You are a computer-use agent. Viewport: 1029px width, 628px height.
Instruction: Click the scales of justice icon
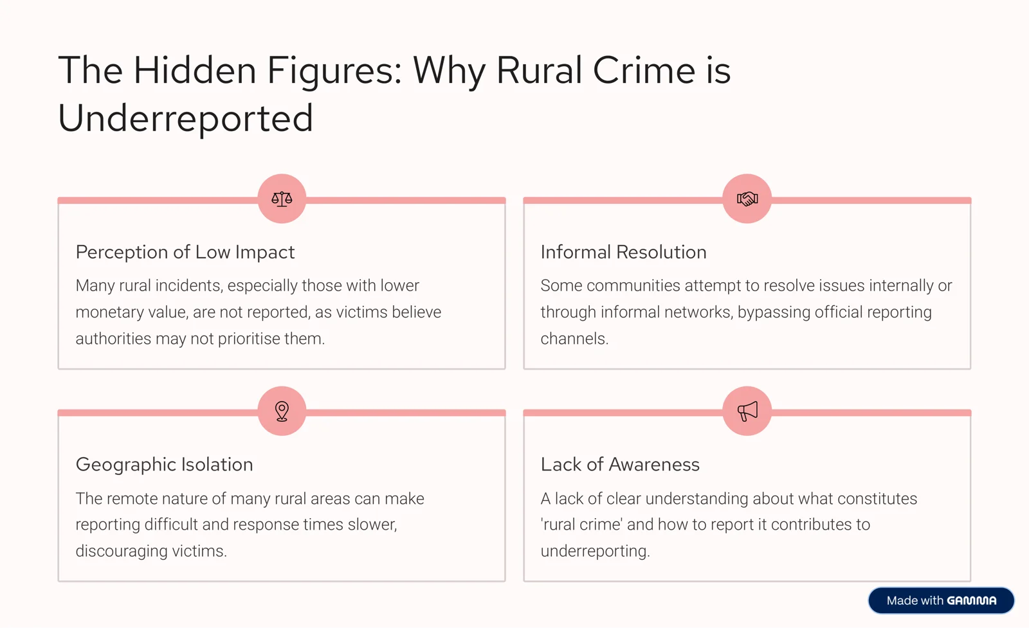tap(282, 199)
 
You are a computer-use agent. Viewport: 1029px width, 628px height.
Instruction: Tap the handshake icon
tap(747, 199)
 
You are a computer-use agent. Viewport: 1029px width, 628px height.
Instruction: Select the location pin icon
tap(282, 411)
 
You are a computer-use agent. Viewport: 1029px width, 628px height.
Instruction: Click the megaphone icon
tap(747, 411)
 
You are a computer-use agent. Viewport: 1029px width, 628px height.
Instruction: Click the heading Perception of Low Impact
tap(185, 252)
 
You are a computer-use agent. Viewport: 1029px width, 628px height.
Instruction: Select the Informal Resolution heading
tap(623, 252)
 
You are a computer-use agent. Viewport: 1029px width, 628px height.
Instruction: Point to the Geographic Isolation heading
tap(165, 465)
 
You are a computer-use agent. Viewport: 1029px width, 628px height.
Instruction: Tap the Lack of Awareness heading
tap(620, 464)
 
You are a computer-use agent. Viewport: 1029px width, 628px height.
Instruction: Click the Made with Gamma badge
tap(942, 600)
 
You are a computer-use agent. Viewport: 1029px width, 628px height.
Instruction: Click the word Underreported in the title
tap(186, 118)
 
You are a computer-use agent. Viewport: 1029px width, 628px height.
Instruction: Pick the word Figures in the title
tap(335, 71)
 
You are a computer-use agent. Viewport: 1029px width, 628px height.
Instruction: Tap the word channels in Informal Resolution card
tap(574, 339)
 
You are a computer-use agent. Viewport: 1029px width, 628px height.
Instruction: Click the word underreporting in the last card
tap(595, 551)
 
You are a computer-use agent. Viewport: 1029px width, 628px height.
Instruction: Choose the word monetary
tap(110, 312)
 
